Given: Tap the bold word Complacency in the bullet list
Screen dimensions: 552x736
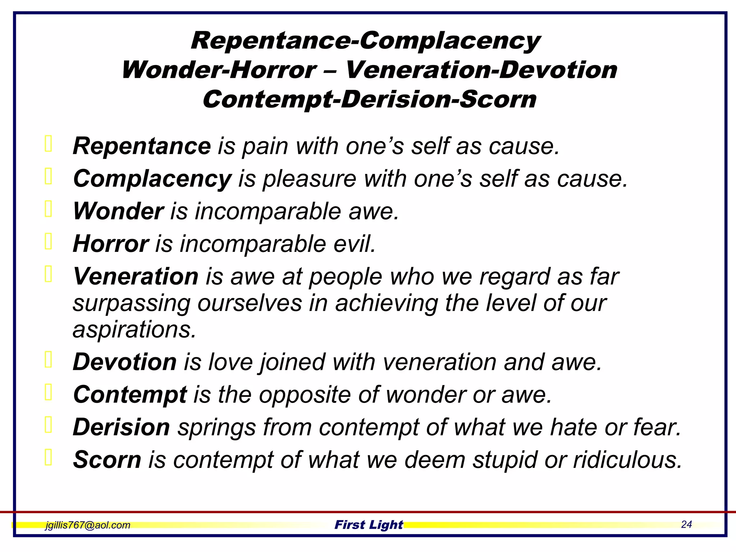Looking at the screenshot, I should coord(152,179).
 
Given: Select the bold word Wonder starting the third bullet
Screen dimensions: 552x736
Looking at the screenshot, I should coord(118,211).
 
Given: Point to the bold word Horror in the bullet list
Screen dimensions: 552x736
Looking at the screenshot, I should coord(110,244).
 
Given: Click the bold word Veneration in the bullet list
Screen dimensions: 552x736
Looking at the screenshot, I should coord(135,276).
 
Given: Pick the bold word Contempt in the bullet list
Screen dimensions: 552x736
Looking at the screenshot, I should coord(130,394).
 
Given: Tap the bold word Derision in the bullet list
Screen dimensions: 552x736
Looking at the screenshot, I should coord(121,427).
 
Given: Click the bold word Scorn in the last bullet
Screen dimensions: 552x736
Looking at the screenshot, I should coord(107,460).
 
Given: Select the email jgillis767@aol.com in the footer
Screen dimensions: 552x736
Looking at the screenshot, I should coord(88,525).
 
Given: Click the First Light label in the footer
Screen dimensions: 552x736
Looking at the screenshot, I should coord(369,525).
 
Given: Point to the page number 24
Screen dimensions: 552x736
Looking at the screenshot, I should coord(686,524).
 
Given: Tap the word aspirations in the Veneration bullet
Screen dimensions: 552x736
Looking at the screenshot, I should coord(134,329).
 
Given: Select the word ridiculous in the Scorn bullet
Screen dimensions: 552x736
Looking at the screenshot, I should coord(627,460).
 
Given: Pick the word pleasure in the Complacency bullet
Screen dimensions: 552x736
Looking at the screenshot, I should coord(309,179).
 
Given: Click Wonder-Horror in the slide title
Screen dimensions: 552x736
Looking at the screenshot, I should coord(219,70).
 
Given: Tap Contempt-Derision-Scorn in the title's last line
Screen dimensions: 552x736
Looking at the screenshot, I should coord(369,99).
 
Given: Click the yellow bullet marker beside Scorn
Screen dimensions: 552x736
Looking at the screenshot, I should coord(49,457).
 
